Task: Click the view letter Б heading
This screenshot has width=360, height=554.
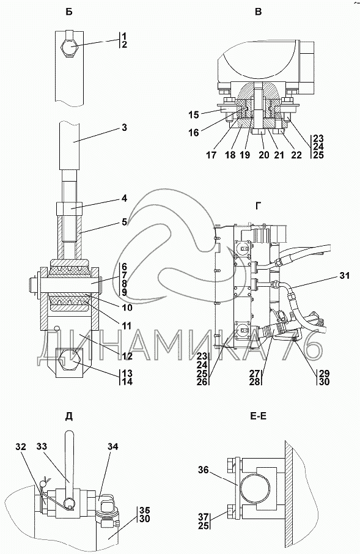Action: coord(69,12)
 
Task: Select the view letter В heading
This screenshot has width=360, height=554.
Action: coord(259,12)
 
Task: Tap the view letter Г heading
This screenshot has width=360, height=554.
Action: coord(259,206)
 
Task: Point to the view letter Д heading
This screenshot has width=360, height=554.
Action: coord(69,416)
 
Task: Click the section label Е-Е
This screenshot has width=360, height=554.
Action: coord(258,416)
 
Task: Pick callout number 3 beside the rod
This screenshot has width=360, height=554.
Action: coord(124,128)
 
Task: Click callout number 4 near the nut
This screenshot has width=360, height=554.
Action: coord(124,199)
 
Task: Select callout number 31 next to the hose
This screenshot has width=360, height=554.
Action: coord(344,275)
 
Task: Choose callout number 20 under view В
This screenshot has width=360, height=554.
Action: coord(264,155)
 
